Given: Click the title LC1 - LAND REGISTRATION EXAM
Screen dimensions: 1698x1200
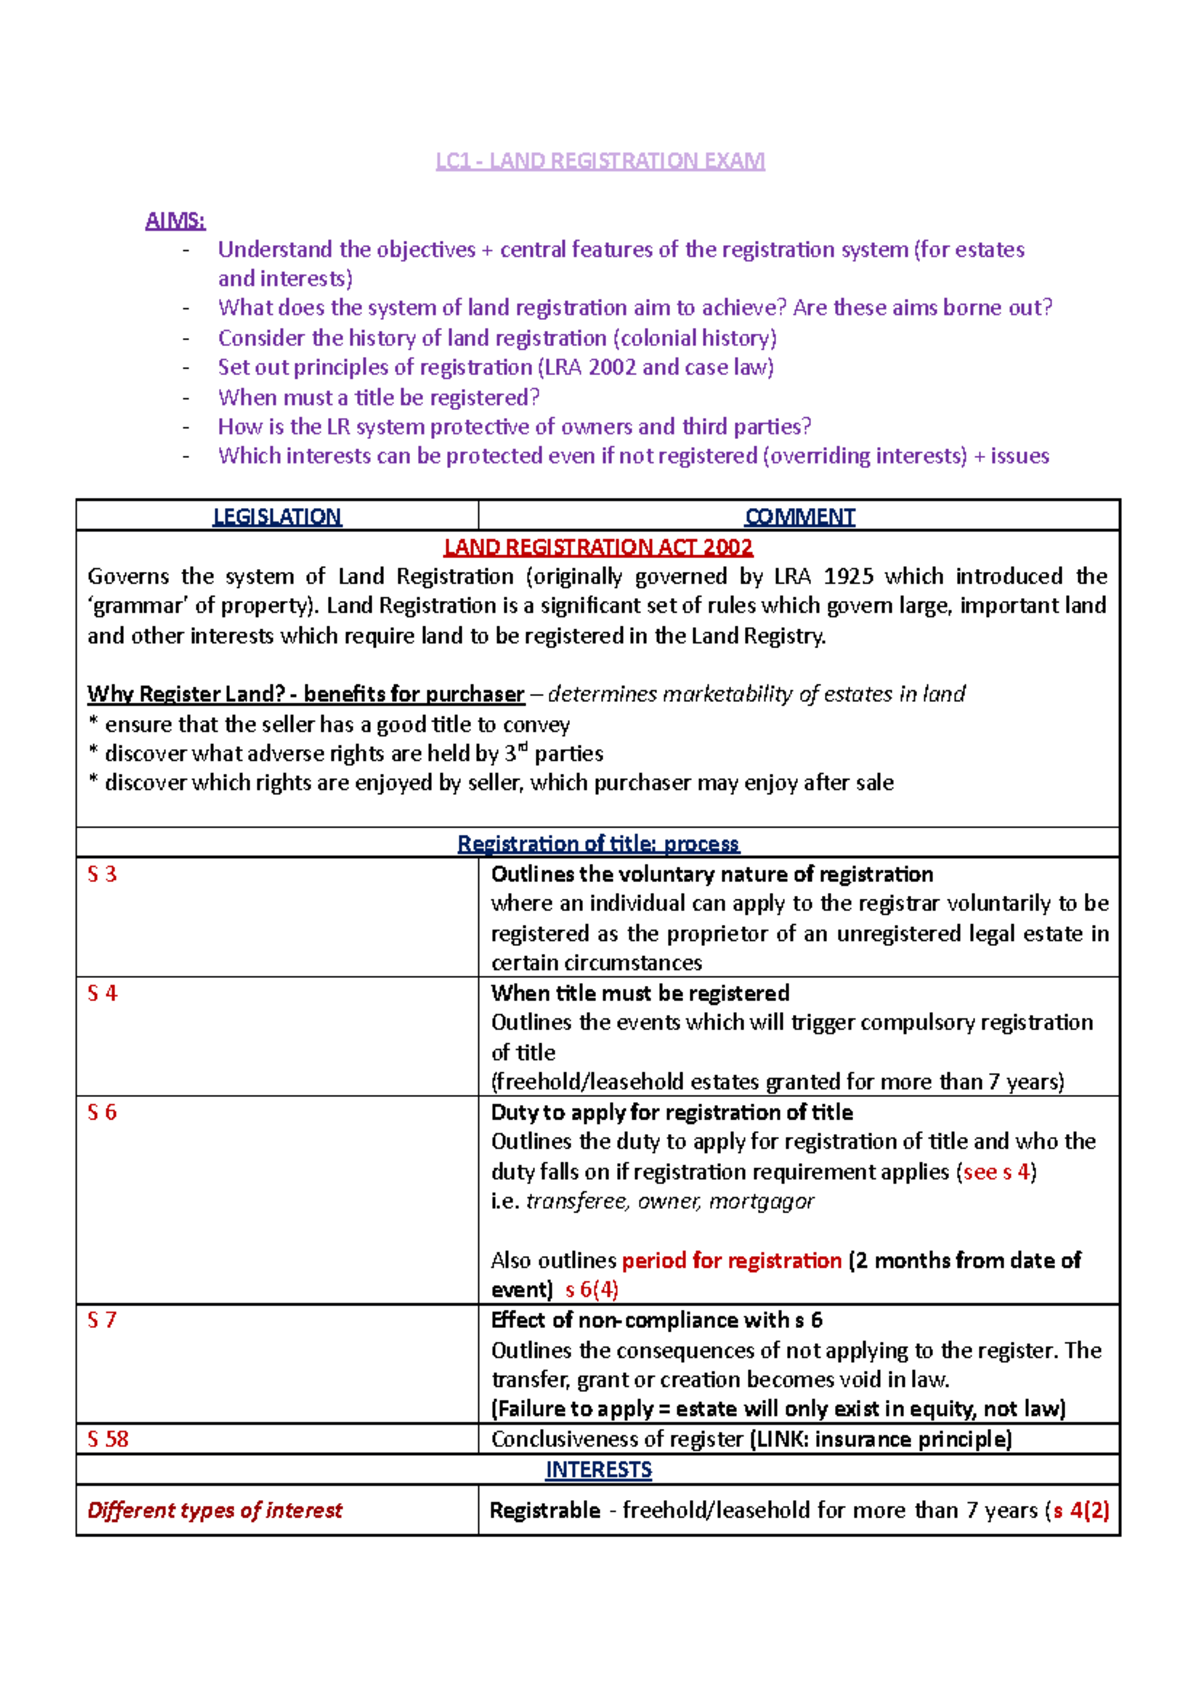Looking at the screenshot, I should coord(600,161).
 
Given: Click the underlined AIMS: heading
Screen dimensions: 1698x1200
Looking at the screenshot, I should coord(175,220).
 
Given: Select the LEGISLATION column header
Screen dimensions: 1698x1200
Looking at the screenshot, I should coord(277,516).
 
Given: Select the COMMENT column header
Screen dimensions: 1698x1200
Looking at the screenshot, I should coord(799,516).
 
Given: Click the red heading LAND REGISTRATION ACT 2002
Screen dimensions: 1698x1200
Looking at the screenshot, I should coord(598,547).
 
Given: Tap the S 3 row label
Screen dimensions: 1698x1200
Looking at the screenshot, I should coord(102,874).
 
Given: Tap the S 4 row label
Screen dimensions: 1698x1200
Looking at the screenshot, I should coord(102,993).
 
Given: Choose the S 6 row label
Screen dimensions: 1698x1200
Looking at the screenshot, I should coord(102,1112).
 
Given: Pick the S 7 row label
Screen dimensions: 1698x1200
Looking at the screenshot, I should coord(102,1320).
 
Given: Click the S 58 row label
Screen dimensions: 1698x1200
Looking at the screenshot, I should coord(108,1439).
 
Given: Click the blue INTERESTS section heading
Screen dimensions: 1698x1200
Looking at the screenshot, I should coord(598,1469).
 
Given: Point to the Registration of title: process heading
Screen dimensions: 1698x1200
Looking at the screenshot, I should coord(598,843).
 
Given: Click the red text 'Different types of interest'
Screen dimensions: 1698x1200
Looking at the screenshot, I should coord(215,1510).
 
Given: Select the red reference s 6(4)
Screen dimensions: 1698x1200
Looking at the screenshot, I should coord(592,1290).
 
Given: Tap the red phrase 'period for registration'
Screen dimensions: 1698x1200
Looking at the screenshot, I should coord(731,1260).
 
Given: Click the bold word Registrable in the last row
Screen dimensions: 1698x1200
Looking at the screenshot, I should coord(545,1510).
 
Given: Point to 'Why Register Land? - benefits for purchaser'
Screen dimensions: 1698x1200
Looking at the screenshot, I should coord(306,694).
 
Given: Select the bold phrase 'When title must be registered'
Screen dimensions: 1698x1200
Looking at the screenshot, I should coord(640,993).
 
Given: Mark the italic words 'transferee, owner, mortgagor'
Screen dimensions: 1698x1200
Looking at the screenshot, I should coord(670,1201).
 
